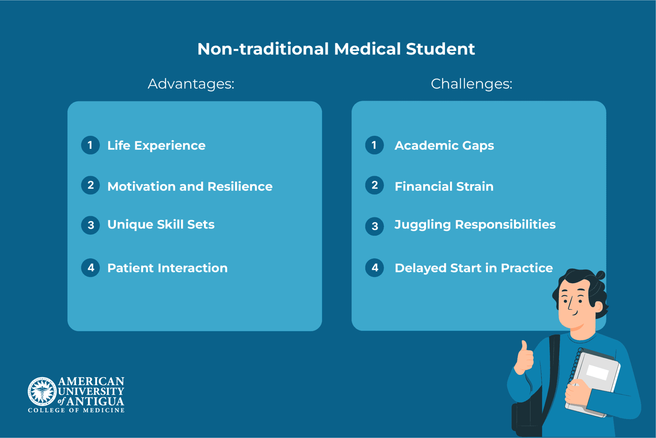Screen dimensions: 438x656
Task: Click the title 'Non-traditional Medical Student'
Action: [x=336, y=49]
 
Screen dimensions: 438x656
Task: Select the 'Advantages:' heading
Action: [x=191, y=84]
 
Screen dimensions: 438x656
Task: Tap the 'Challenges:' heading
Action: [x=471, y=84]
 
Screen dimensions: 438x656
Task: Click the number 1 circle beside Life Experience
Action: [x=90, y=145]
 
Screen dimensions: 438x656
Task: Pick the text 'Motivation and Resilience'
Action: [x=190, y=186]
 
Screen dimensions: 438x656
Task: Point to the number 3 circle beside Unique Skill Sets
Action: [x=91, y=225]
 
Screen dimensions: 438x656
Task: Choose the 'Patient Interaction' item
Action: [x=167, y=268]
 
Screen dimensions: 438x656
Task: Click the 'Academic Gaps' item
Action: [x=444, y=145]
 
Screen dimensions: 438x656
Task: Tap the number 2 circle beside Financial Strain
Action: [x=374, y=185]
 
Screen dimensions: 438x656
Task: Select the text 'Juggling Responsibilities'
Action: [x=475, y=225]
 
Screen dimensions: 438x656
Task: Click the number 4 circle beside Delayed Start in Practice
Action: [x=374, y=268]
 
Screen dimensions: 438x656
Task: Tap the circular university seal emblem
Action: [x=42, y=390]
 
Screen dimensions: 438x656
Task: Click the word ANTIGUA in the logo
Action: [x=95, y=401]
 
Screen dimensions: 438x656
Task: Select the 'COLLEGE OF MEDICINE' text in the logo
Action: [x=76, y=410]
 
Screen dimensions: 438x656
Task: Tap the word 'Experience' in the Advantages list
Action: [x=170, y=145]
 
